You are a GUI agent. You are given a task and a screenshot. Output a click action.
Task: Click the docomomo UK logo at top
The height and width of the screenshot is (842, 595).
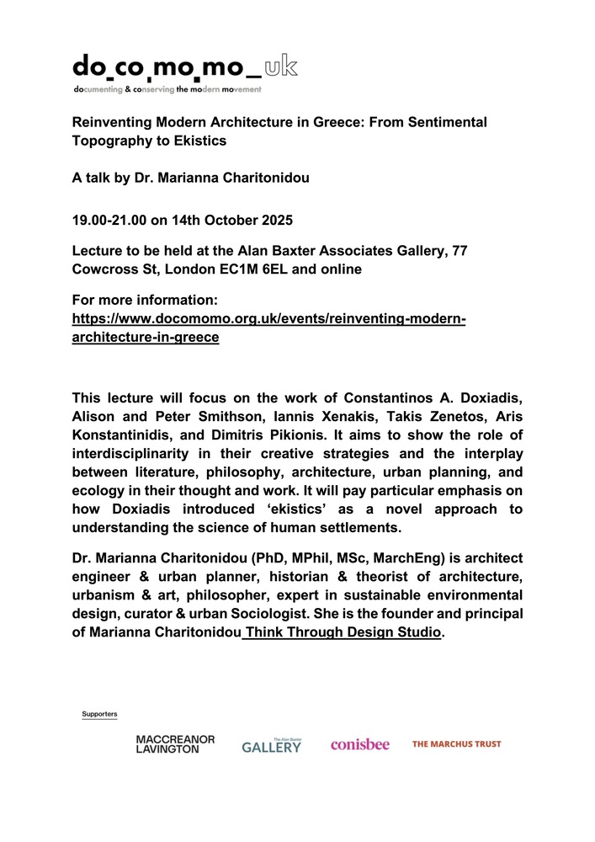point(184,72)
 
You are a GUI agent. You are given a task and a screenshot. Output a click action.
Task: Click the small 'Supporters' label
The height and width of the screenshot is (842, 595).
point(99,714)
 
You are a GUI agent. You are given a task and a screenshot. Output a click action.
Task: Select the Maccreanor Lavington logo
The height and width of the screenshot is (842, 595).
point(175,744)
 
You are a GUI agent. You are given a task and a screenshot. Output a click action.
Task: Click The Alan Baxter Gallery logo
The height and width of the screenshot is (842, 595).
point(271,745)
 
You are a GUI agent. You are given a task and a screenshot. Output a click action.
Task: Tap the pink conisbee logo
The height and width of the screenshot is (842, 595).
point(359,744)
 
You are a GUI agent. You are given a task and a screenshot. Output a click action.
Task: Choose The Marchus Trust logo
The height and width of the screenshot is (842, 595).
point(456,744)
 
